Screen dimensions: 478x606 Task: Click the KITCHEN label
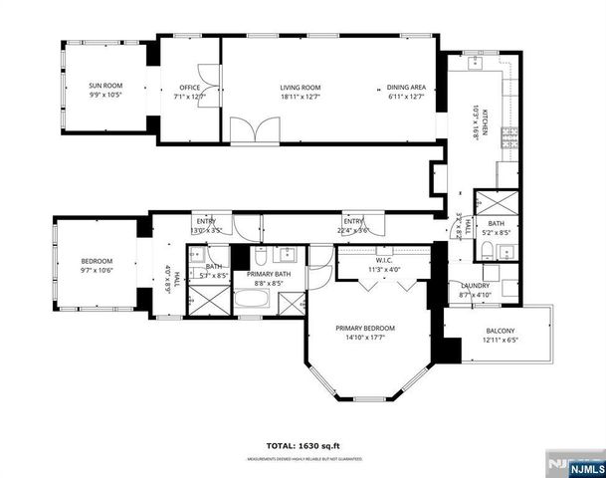[x=487, y=120]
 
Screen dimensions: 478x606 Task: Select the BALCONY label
[x=501, y=332]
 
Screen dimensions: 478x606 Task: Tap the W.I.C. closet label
[x=382, y=262]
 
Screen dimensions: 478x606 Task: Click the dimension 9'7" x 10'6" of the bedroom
[x=97, y=269]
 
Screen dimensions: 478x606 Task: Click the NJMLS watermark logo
[x=577, y=466]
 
